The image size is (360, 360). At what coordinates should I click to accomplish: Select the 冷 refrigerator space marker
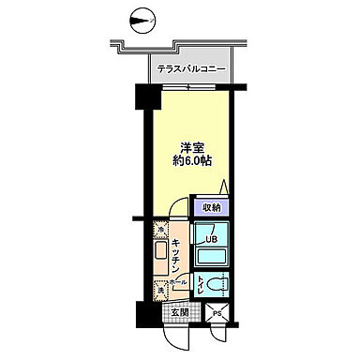click(161, 229)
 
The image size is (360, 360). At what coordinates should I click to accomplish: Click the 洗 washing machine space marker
click(161, 291)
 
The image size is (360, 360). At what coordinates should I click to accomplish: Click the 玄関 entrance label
click(180, 312)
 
